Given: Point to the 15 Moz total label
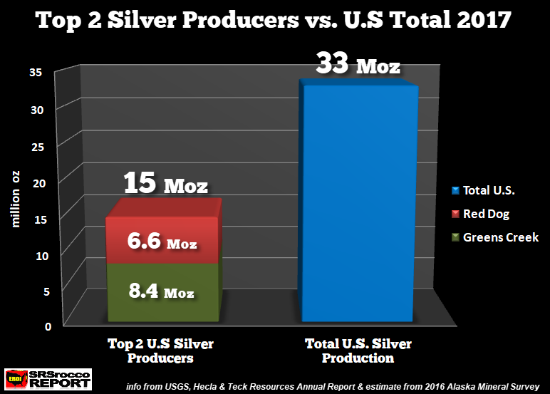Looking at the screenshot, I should (x=165, y=185).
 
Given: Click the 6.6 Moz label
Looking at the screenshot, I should (x=163, y=242).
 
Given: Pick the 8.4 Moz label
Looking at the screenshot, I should (x=163, y=291).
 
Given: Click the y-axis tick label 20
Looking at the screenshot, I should (x=38, y=182).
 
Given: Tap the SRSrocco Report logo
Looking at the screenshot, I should (x=48, y=378).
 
